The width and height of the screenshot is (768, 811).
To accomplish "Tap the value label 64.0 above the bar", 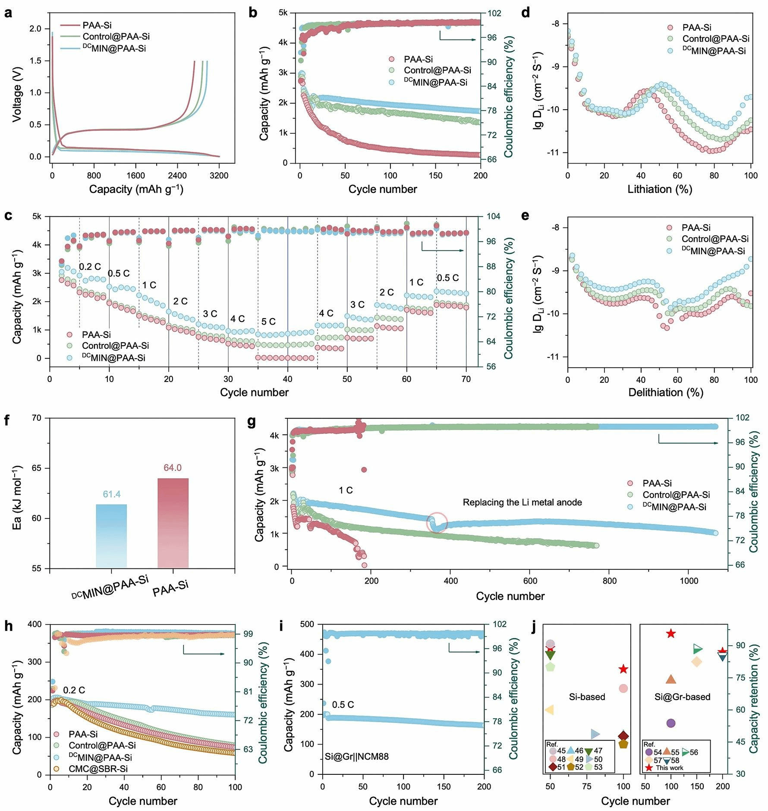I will (173, 468).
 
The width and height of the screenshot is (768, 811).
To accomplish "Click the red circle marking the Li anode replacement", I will (437, 522).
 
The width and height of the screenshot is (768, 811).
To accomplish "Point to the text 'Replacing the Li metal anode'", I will (522, 502).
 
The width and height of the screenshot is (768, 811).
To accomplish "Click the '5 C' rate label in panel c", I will (268, 322).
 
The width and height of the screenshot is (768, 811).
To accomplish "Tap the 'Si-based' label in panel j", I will (587, 697).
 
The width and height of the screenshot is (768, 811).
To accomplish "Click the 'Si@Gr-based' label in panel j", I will (682, 697).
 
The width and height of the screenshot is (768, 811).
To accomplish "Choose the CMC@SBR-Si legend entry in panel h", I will (98, 769).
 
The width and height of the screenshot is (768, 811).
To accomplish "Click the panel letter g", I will (252, 422).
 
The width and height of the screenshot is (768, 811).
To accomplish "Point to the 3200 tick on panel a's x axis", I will (219, 176).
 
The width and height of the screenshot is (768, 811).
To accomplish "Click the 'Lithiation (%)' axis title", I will (660, 189).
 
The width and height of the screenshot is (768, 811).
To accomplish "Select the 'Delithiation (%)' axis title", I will (665, 392).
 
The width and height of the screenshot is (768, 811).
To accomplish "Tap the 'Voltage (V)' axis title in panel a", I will (17, 94).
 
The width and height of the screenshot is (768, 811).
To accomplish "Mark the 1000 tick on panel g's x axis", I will (689, 581).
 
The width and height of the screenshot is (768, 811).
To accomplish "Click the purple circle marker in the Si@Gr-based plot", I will (670, 723).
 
